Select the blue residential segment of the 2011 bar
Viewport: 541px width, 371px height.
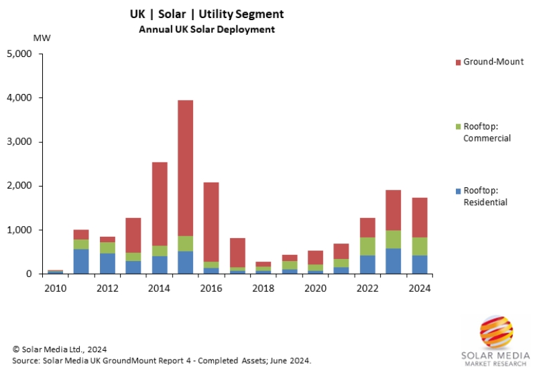coord(81,262)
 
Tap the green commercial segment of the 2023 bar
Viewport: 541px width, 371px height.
coord(394,240)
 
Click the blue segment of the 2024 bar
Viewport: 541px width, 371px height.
coord(420,264)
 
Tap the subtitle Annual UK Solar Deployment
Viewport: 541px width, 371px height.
coord(207,30)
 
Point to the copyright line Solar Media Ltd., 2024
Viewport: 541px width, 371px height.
coord(60,350)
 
